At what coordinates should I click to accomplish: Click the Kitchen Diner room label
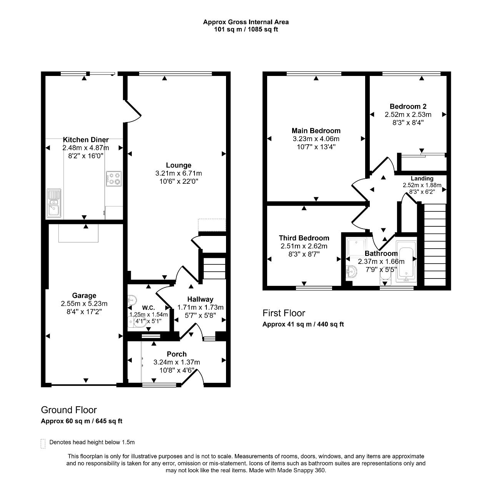point(86,140)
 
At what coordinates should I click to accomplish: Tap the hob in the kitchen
point(114,178)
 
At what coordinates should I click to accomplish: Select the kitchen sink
point(54,203)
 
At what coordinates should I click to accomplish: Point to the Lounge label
point(178,165)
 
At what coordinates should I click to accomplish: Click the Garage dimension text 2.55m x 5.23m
point(84,303)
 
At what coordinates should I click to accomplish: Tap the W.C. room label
point(148,308)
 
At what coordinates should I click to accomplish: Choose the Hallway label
point(200,299)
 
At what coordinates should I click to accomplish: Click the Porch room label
point(177,354)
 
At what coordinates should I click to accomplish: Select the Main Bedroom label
point(316,131)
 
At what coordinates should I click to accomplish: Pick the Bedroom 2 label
point(408,106)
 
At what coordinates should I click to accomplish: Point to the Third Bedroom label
point(304,238)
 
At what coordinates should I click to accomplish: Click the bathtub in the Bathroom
point(406,261)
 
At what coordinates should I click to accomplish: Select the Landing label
point(422,178)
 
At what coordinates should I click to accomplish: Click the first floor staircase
point(435,244)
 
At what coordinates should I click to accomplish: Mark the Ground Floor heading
point(69,410)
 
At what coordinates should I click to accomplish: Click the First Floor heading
point(284,313)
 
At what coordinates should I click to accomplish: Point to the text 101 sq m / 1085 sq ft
point(246,29)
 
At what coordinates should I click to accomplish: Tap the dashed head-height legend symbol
point(43,443)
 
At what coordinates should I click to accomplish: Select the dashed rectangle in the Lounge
point(212,225)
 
